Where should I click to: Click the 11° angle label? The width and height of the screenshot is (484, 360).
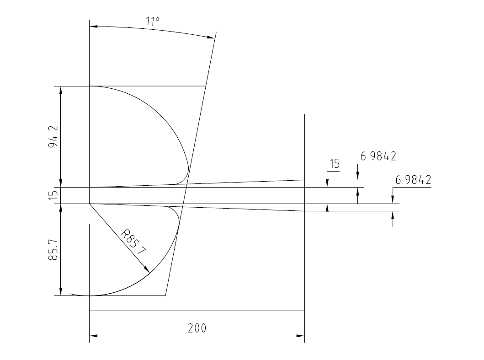(153, 21)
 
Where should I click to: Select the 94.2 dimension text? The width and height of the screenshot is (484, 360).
(53, 136)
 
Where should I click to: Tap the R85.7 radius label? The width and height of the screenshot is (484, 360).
(133, 242)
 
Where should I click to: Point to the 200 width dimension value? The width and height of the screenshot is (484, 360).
(197, 328)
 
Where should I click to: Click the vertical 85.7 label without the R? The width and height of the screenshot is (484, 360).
(53, 249)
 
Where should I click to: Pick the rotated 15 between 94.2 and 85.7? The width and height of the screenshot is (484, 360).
(53, 195)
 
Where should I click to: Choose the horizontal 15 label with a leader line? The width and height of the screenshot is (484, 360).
(335, 163)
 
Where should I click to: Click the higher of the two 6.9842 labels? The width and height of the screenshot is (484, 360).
(378, 156)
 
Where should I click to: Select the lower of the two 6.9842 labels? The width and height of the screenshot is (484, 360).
(413, 180)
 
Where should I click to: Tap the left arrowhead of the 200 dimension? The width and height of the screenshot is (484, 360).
(93, 336)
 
